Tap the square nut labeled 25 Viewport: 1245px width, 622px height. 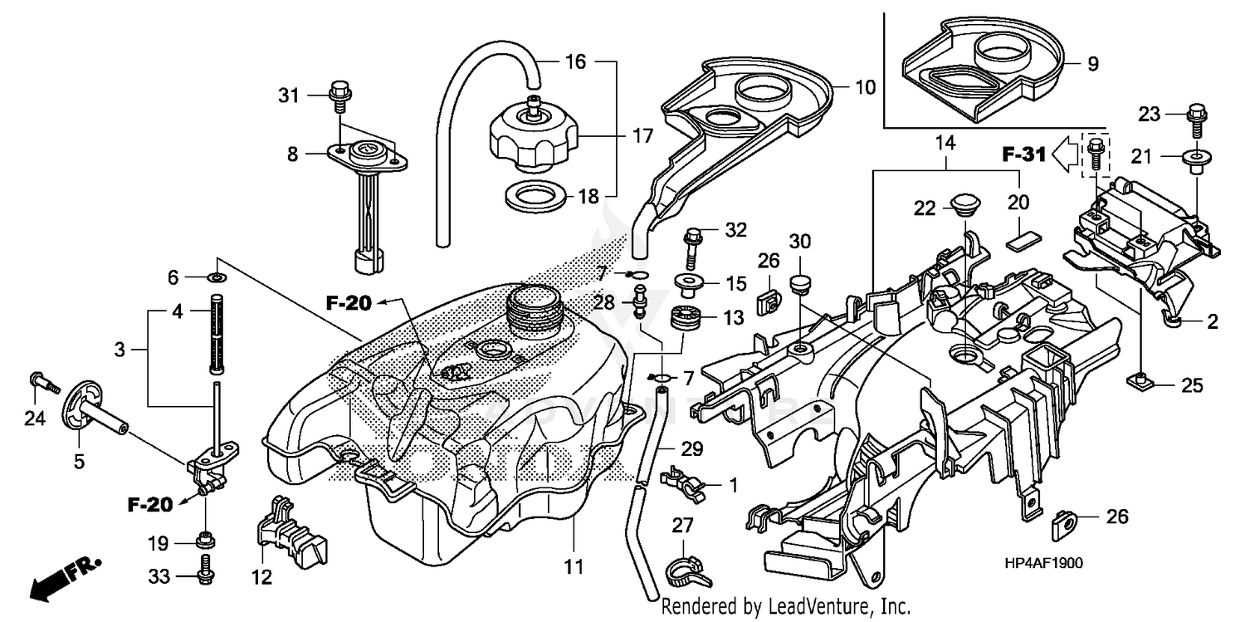(x=1141, y=383)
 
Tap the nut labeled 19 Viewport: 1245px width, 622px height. (x=204, y=542)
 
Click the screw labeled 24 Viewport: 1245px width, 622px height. (x=43, y=383)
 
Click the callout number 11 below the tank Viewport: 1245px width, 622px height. (x=574, y=569)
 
